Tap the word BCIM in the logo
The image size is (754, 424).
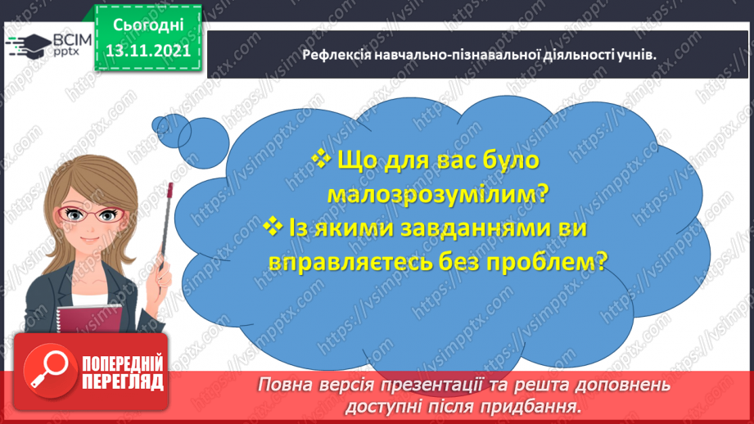[70, 39]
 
